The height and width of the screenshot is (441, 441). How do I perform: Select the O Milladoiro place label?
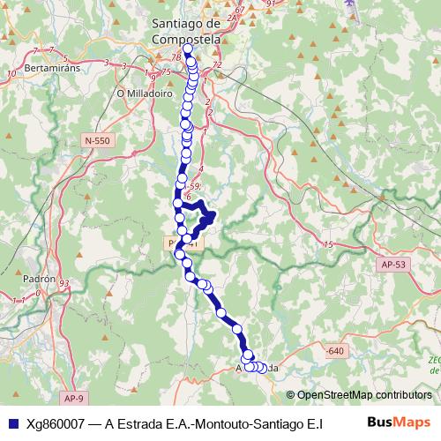point(141,90)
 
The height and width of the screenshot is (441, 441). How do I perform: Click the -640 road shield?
point(334,351)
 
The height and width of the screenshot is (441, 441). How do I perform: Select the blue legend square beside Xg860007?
point(11,422)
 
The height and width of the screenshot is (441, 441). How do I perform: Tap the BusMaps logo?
point(400,422)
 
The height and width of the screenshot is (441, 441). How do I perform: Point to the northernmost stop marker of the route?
point(187,49)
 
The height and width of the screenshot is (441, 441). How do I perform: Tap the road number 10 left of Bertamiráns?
point(11,74)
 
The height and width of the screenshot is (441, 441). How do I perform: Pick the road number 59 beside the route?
point(196,186)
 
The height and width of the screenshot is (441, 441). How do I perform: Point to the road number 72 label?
point(217,66)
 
